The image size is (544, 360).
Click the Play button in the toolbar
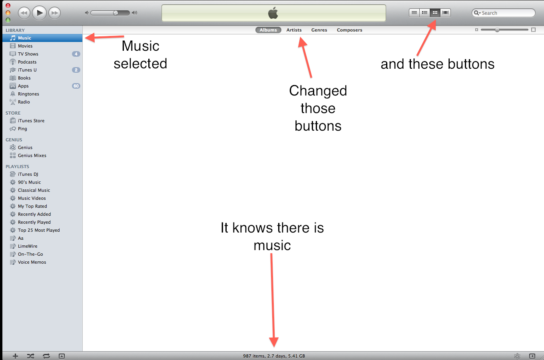39,13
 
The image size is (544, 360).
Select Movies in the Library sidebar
25,46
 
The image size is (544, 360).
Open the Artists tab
294,30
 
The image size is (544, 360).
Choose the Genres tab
319,30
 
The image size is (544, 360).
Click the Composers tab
349,30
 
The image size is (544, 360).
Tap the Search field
504,13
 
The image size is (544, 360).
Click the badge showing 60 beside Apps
76,86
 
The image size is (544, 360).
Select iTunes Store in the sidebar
31,121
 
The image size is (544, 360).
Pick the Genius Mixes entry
32,155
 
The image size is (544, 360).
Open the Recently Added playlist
34,214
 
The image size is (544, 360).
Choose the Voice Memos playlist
32,262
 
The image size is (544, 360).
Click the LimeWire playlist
28,246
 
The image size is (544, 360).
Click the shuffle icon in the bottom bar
31,356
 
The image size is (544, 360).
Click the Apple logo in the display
273,13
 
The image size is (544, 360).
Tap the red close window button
8,5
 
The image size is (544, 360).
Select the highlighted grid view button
435,13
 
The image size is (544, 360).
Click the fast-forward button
55,13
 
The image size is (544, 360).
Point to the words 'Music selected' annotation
140,55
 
